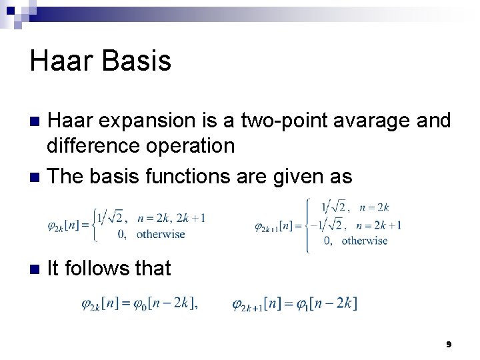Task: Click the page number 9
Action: pos(449,344)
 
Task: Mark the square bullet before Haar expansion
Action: pos(37,122)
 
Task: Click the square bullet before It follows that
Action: pos(37,269)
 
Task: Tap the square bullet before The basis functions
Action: pos(37,177)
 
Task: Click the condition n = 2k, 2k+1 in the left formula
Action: pos(171,217)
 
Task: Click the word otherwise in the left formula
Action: pos(161,234)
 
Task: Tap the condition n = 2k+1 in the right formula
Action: pos(380,225)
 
